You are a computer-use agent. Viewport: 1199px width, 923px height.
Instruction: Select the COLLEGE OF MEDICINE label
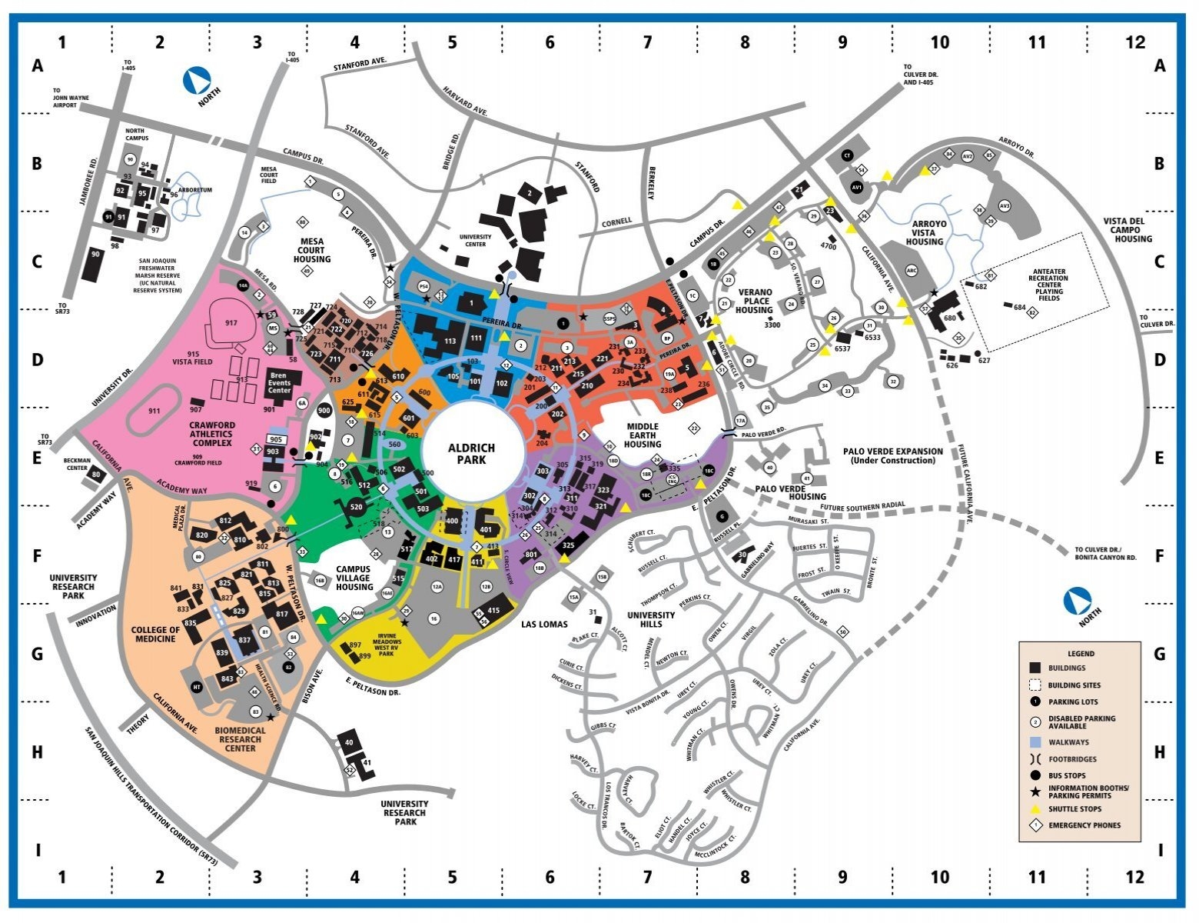click(156, 634)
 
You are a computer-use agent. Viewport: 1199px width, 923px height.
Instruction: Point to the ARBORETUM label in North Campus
click(194, 190)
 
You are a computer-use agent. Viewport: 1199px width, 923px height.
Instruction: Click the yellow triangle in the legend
click(1035, 808)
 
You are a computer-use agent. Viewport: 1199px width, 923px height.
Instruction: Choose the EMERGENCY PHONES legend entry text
click(1084, 825)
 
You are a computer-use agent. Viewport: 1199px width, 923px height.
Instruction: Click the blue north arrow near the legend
click(1077, 601)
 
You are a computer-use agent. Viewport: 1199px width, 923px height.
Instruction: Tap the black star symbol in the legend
click(1035, 791)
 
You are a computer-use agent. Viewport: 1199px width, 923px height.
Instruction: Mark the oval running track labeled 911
click(156, 411)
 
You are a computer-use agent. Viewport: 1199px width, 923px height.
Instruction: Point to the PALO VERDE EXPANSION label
click(892, 455)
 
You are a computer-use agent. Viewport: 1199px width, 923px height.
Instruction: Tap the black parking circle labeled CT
click(848, 155)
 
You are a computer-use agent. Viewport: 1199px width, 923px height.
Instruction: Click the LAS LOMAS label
click(543, 624)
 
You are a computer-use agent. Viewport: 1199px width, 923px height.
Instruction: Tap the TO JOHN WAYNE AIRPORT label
click(71, 102)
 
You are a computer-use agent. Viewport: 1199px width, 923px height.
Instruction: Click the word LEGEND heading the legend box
click(1081, 653)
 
